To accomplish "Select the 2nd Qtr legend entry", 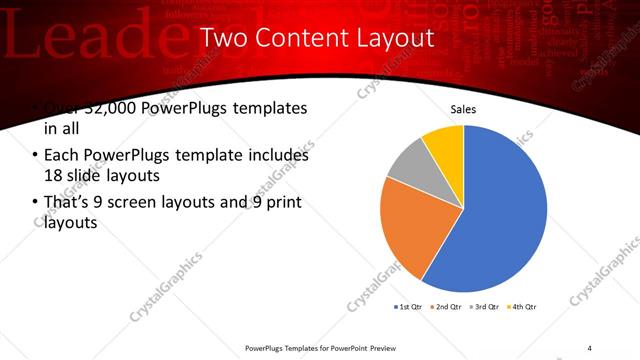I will click(x=447, y=306).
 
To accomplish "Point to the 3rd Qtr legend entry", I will click(x=485, y=306).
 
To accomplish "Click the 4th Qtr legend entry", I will click(x=523, y=306).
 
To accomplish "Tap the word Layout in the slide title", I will click(x=389, y=38).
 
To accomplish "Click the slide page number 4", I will click(x=589, y=347).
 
